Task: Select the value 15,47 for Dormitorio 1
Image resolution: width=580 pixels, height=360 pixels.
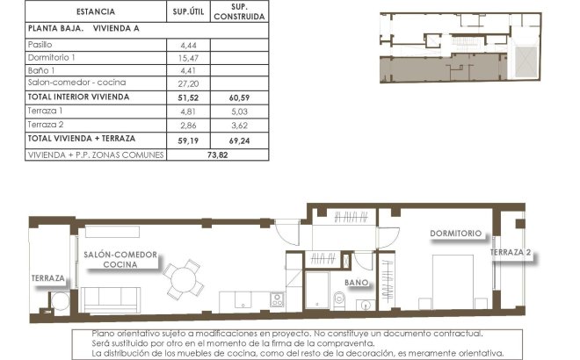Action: pos(187,56)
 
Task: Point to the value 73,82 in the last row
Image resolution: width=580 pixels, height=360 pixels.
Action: pos(215,153)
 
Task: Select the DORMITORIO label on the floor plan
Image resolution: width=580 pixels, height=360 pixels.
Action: pos(455,234)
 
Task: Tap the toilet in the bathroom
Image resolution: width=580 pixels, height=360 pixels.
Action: pos(339,299)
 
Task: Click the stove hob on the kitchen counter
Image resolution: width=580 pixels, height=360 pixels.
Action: pos(277,299)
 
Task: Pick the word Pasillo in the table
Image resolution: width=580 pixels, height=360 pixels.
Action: pos(40,43)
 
